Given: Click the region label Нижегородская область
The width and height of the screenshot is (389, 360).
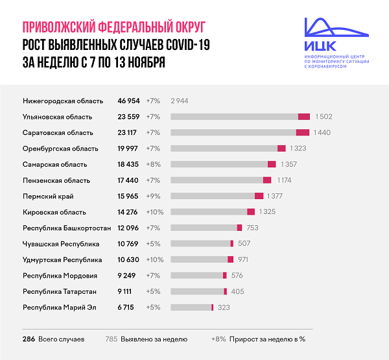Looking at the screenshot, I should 63,101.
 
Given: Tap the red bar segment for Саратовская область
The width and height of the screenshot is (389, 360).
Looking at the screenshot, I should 303,132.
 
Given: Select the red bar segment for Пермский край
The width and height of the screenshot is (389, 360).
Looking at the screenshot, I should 259,196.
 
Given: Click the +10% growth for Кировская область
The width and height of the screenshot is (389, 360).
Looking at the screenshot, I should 155,211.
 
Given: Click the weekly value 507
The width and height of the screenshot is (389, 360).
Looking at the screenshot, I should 244,243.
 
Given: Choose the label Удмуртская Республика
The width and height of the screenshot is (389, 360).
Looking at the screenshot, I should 62,259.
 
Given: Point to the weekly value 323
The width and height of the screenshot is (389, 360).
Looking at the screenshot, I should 224,307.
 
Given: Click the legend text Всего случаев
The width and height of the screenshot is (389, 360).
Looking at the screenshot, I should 62,339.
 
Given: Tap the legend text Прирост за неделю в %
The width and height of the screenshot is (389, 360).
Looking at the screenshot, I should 266,339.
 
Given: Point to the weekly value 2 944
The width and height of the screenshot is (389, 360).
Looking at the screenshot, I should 179,101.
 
